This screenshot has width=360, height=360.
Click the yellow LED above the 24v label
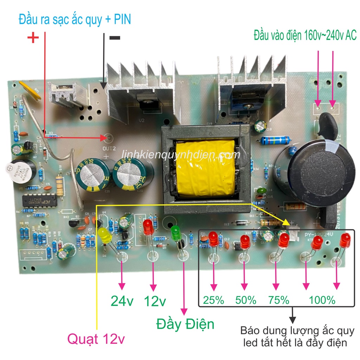(x=105, y=235)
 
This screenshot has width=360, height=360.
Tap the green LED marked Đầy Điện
(x=175, y=232)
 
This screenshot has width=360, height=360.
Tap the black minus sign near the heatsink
(x=115, y=38)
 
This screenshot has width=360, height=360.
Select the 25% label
(x=213, y=300)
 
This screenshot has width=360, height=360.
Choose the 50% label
(x=245, y=300)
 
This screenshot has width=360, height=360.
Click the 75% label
(x=278, y=300)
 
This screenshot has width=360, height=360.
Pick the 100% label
(x=322, y=300)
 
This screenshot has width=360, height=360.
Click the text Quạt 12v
(x=96, y=339)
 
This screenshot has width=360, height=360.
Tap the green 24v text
(x=122, y=301)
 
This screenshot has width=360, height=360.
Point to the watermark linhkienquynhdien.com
(x=181, y=155)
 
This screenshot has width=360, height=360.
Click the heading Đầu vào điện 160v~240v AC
(x=305, y=35)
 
